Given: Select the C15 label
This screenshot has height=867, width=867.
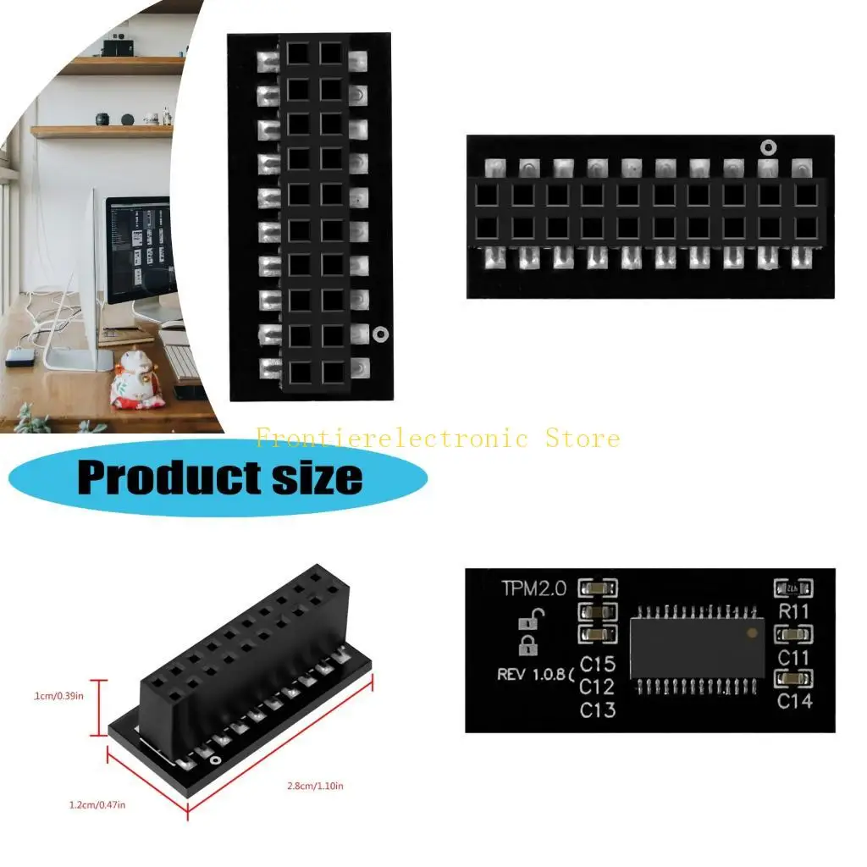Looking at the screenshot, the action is (x=598, y=665).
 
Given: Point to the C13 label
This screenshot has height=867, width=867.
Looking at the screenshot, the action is (x=598, y=710).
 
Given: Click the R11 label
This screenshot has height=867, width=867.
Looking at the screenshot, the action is (x=794, y=610).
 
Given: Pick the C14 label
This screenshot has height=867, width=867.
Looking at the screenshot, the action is (x=794, y=700).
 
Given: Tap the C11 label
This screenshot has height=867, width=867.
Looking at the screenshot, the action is (x=794, y=657).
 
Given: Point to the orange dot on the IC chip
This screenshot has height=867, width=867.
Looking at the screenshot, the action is (x=751, y=632).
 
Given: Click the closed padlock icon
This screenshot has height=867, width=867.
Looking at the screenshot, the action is (x=527, y=648).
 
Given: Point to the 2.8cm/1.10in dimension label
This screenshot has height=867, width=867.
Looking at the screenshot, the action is (x=315, y=787).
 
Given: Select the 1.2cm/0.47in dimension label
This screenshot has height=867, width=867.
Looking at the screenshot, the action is (x=97, y=804).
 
